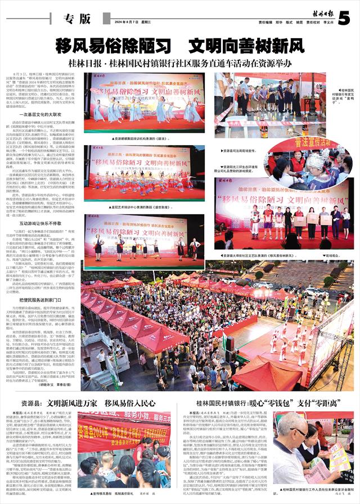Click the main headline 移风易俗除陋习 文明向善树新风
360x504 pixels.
coord(179,44)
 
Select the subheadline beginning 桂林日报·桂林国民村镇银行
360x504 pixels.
coord(179,61)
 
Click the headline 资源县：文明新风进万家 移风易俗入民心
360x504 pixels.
coord(88,403)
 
